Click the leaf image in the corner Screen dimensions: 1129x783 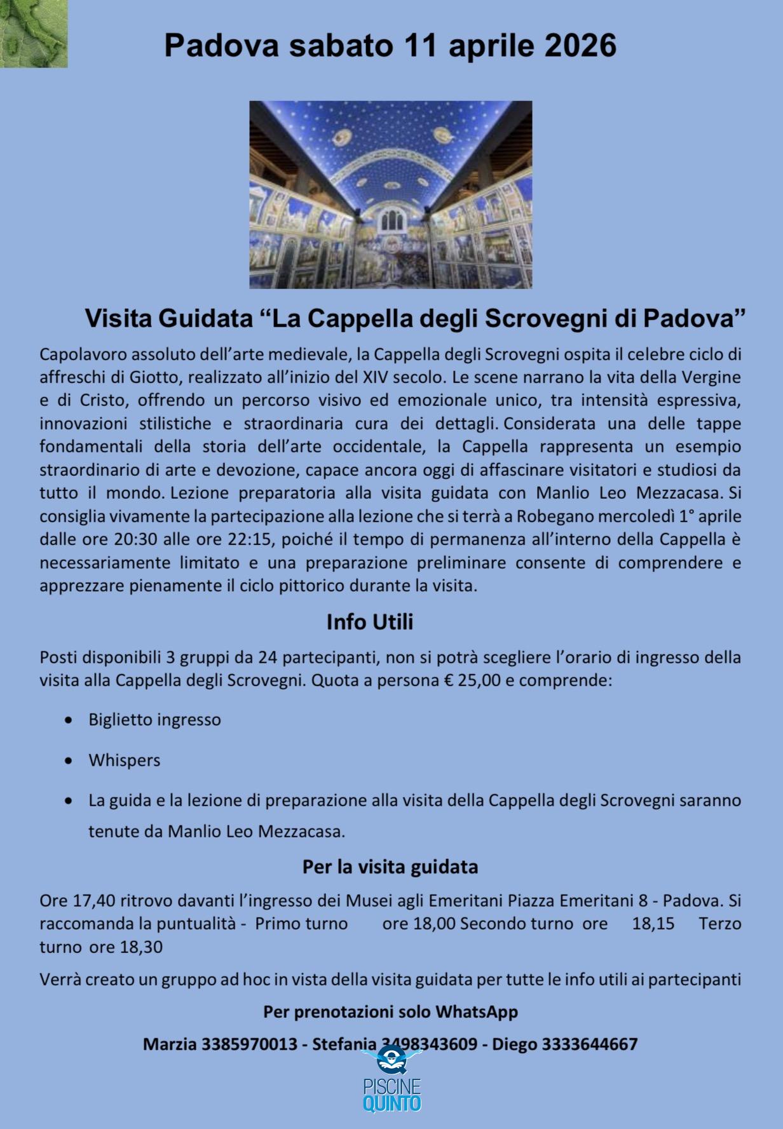(33, 33)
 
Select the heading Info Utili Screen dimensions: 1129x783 (369, 621)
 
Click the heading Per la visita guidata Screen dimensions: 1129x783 (390, 867)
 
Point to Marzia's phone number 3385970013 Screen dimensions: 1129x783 (249, 1044)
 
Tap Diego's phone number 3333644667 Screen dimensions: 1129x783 (590, 1044)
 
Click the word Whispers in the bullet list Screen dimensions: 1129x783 (125, 760)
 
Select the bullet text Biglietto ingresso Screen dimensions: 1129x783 (154, 720)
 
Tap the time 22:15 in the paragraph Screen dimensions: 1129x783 (248, 539)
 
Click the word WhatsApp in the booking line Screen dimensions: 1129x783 (477, 1012)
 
